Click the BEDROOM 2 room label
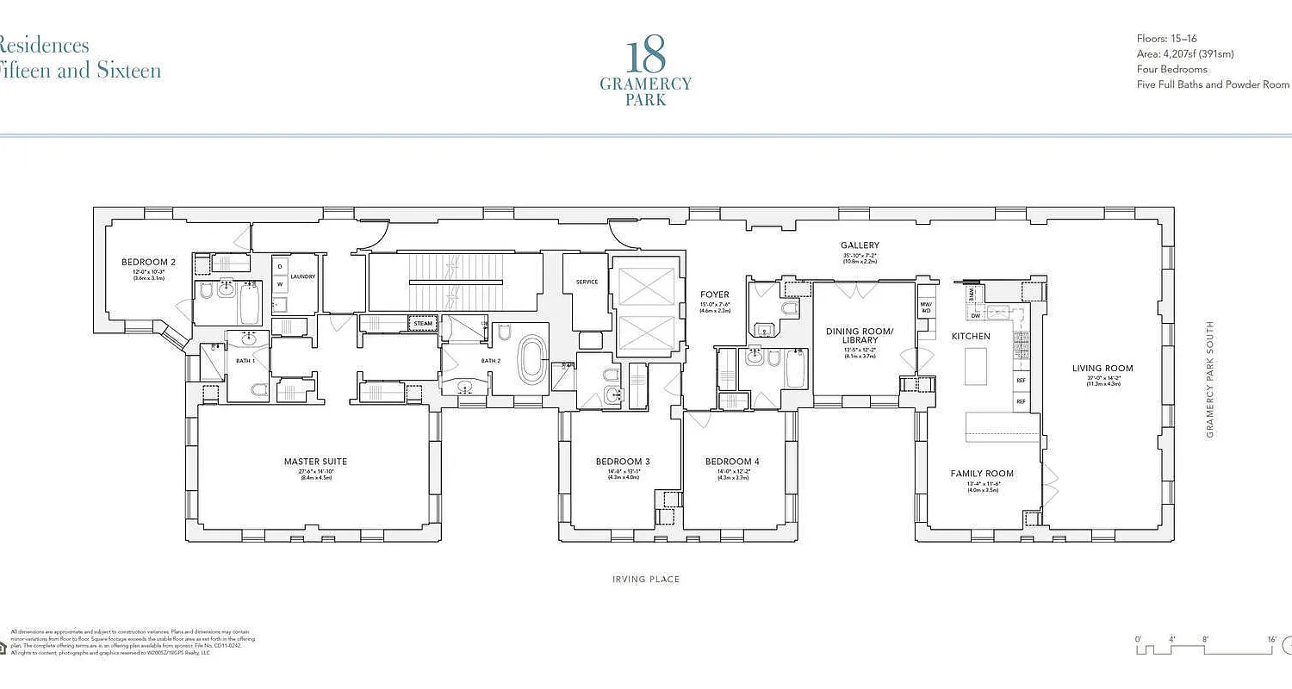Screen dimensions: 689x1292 (x=148, y=262)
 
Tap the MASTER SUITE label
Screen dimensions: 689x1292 (x=315, y=462)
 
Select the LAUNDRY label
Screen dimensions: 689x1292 (x=302, y=276)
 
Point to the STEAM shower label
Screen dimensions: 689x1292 (x=423, y=324)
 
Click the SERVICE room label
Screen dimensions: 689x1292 (x=587, y=282)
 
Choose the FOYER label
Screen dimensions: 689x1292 (x=714, y=295)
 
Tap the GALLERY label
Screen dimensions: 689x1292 (x=860, y=245)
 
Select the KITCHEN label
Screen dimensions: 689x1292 (x=970, y=336)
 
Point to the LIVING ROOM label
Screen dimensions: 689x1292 (x=1103, y=369)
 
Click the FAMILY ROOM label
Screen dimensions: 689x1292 (x=982, y=474)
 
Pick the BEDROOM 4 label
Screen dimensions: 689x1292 (x=732, y=462)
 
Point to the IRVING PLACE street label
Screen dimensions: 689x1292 (x=646, y=580)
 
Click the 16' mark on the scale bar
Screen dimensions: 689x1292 (x=1271, y=639)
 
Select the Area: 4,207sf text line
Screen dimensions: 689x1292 (x=1184, y=53)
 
